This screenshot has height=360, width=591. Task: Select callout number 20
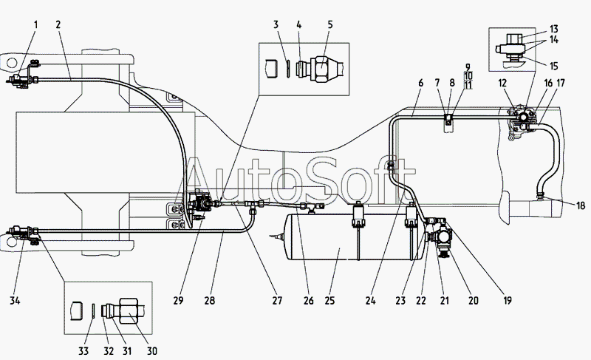[474, 301]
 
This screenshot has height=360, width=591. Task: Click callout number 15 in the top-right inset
[553, 66]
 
